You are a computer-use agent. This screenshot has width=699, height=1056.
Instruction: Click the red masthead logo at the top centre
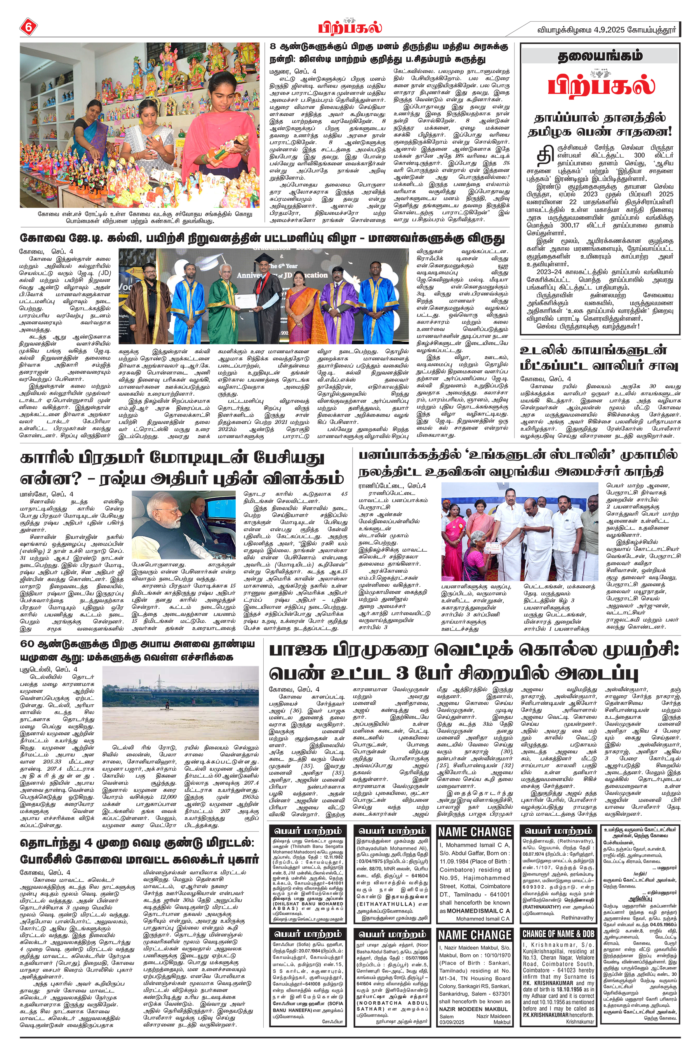350,27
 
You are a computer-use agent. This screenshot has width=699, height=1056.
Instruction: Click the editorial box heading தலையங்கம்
600,56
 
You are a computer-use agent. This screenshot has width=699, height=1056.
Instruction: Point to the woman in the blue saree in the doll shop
91,134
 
